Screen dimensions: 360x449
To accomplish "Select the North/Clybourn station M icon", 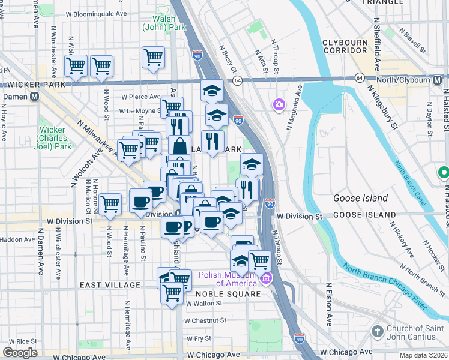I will (440, 79).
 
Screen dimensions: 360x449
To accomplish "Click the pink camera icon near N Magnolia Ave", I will (279, 105).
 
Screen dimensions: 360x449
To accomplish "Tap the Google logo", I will (20, 353).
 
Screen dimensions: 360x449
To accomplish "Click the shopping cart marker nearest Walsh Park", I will (154, 58).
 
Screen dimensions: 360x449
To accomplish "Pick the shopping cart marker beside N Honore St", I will (110, 205).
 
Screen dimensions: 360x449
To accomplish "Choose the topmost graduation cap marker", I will (212, 91).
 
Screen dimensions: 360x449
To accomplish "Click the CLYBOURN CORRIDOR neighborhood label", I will (351, 47).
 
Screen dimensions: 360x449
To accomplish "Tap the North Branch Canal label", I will (411, 183).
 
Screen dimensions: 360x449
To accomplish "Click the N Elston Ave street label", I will (329, 305).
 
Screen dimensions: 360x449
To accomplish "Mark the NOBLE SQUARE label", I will (237, 294).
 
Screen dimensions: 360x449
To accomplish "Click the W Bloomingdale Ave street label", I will (97, 13).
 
